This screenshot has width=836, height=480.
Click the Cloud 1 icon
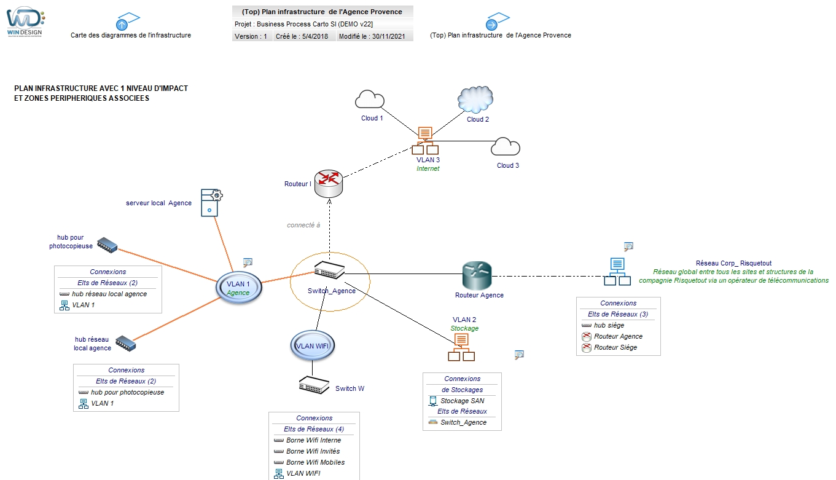point(369,100)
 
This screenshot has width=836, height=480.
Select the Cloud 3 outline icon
point(506,147)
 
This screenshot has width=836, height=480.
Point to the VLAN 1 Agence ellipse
point(239,288)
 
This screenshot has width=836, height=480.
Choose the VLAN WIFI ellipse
point(313,346)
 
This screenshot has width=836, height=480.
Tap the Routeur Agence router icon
point(477,276)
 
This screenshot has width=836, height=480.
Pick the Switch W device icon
point(314,386)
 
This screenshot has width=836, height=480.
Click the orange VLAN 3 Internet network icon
point(425,141)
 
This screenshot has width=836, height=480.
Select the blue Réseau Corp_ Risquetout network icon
point(617,272)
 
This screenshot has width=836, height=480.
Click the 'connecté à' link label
point(303,225)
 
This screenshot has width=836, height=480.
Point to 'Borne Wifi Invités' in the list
point(313,451)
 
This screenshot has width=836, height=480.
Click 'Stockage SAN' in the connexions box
point(462,401)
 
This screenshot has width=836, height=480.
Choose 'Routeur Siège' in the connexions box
point(615,347)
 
